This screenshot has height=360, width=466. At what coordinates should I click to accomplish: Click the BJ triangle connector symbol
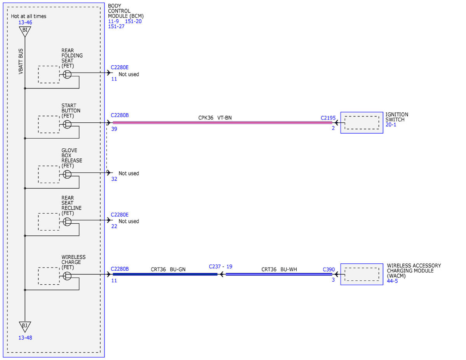25,327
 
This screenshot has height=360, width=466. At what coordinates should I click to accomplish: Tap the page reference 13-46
25,22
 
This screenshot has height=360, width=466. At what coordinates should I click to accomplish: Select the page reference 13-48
25,338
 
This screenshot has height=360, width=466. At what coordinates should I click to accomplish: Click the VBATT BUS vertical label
21,61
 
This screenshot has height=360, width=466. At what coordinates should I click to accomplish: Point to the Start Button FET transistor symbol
67,124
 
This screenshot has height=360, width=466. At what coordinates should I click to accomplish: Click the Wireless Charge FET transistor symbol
67,276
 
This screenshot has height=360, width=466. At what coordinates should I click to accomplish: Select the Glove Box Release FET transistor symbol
67,174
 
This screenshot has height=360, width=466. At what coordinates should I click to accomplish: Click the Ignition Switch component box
362,123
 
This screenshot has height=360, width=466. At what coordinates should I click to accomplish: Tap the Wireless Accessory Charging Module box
362,274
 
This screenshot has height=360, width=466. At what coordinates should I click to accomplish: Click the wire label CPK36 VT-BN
215,118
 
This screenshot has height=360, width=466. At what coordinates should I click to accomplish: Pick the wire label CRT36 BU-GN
168,269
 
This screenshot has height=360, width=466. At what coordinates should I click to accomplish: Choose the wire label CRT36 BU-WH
279,269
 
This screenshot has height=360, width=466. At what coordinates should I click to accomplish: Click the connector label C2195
328,118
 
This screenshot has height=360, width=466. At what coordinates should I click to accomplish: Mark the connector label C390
329,269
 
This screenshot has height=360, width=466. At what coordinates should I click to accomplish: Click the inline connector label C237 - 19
221,266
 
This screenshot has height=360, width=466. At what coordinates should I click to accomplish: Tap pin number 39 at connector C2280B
114,129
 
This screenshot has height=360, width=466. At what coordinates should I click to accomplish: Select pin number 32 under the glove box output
114,179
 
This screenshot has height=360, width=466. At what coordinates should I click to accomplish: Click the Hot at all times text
28,16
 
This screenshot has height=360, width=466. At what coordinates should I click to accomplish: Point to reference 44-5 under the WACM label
392,281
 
